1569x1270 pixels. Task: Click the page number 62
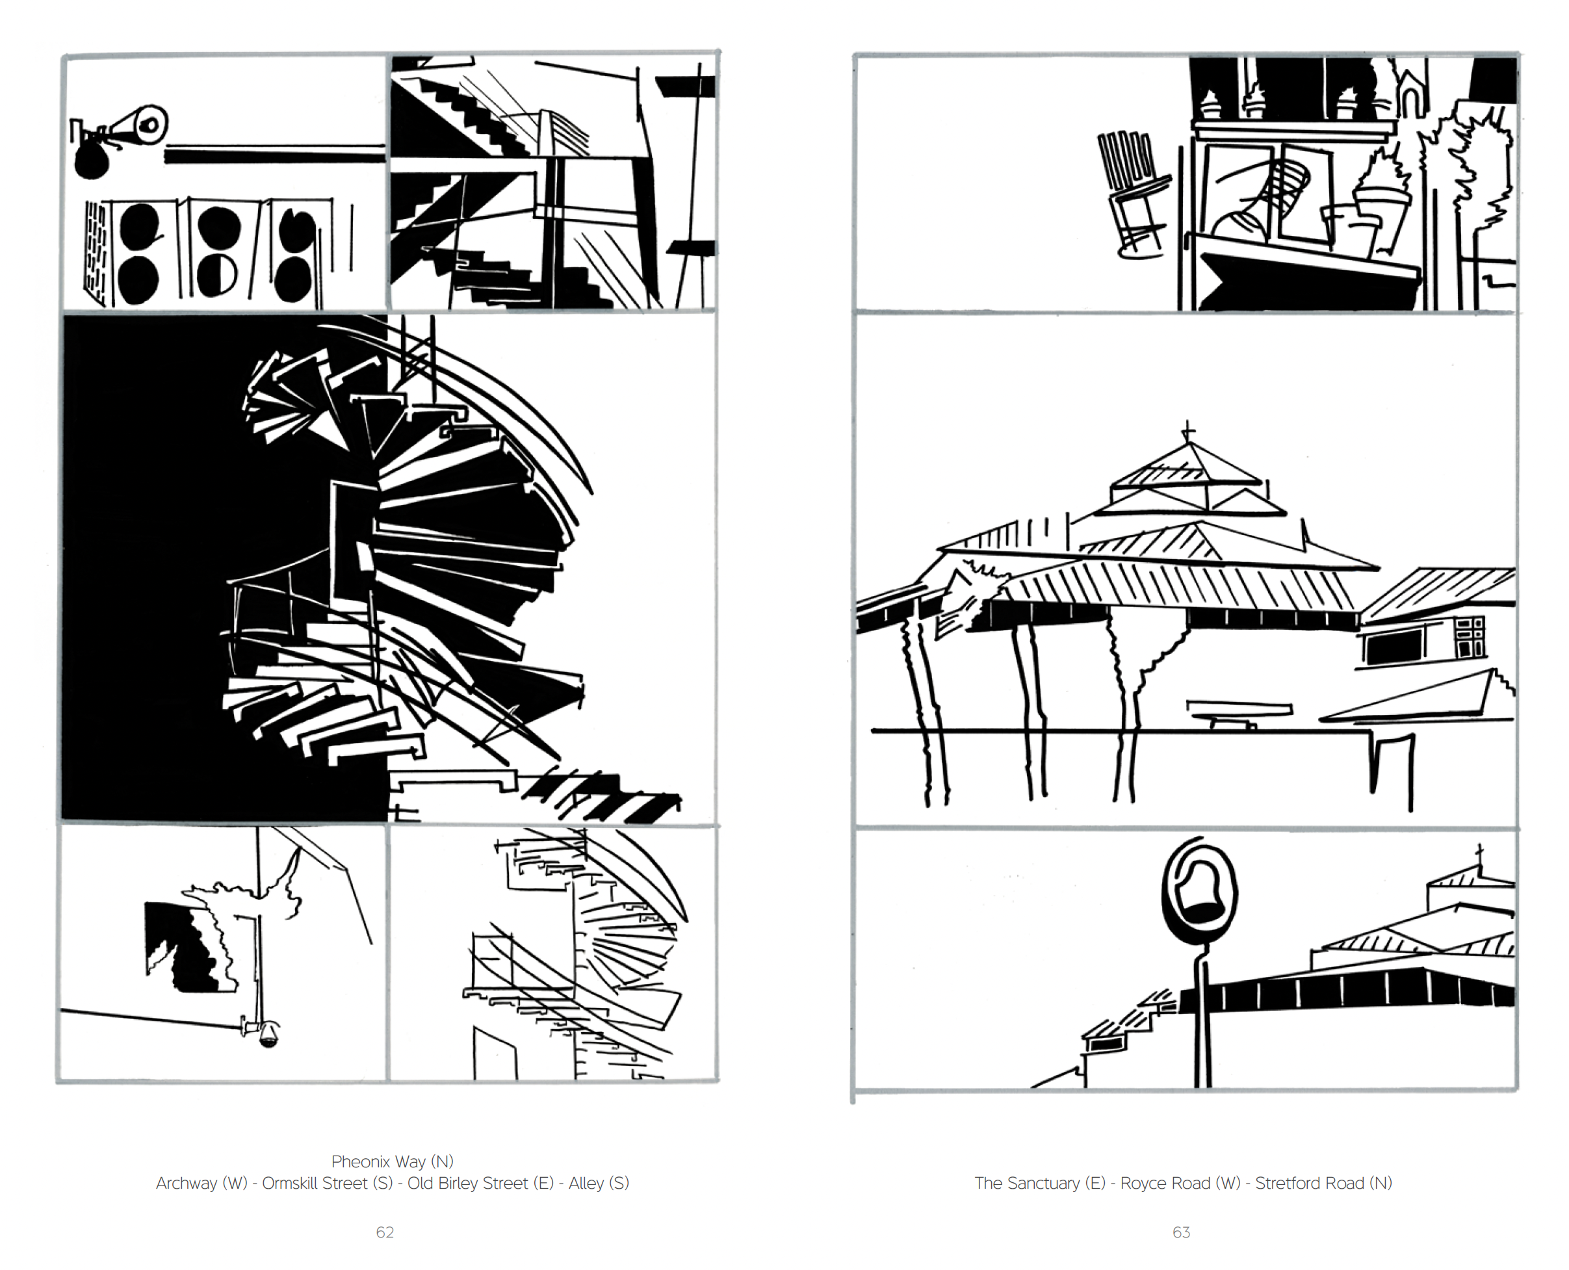tap(385, 1233)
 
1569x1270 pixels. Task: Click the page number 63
tap(1182, 1233)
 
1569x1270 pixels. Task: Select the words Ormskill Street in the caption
tap(315, 1184)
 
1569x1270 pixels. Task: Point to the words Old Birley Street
tap(467, 1184)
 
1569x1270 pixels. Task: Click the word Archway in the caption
tap(187, 1184)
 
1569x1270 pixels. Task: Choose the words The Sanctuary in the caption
tap(1027, 1184)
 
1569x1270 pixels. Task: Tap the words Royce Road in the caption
tap(1165, 1184)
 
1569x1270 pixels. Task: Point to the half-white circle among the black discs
tap(217, 276)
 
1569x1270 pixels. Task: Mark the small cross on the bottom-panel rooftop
tap(1479, 854)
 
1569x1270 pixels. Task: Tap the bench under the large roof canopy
tap(1238, 713)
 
